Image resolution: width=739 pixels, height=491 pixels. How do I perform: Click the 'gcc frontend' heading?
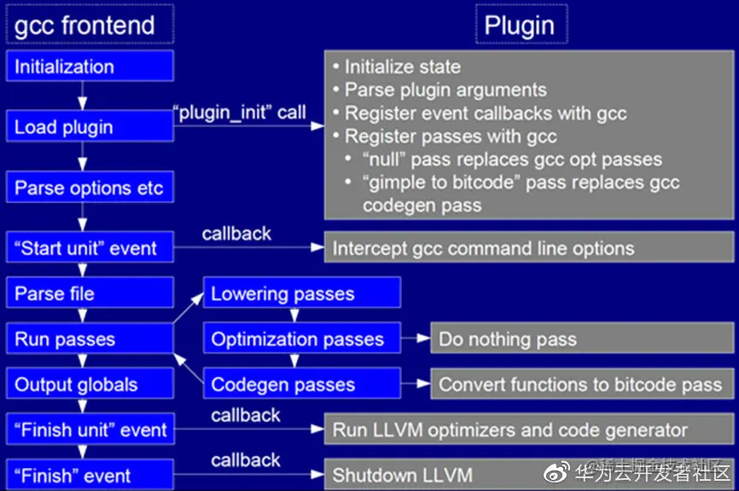pos(85,25)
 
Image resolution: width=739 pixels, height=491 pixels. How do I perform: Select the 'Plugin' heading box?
pos(521,25)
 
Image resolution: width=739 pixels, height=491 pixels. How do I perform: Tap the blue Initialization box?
pos(90,67)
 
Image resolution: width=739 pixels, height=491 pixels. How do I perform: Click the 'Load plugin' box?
pos(90,127)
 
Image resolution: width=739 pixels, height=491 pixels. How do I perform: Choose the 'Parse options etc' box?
pos(90,188)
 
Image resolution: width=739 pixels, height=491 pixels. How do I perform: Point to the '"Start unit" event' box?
pos(90,248)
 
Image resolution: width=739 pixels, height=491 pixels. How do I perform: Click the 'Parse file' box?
pos(90,294)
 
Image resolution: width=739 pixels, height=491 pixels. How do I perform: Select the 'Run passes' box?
pos(90,339)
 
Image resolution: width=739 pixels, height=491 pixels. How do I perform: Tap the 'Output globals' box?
pos(90,384)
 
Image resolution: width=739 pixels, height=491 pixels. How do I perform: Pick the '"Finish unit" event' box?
pos(90,430)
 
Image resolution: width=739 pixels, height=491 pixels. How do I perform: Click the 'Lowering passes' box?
pos(301,294)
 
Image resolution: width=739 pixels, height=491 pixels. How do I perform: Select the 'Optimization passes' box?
pos(301,339)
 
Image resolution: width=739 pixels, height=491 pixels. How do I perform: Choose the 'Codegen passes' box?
pos(301,384)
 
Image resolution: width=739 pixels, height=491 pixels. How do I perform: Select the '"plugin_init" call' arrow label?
pos(240,113)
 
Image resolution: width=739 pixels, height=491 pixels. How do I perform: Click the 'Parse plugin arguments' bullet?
pos(444,90)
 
